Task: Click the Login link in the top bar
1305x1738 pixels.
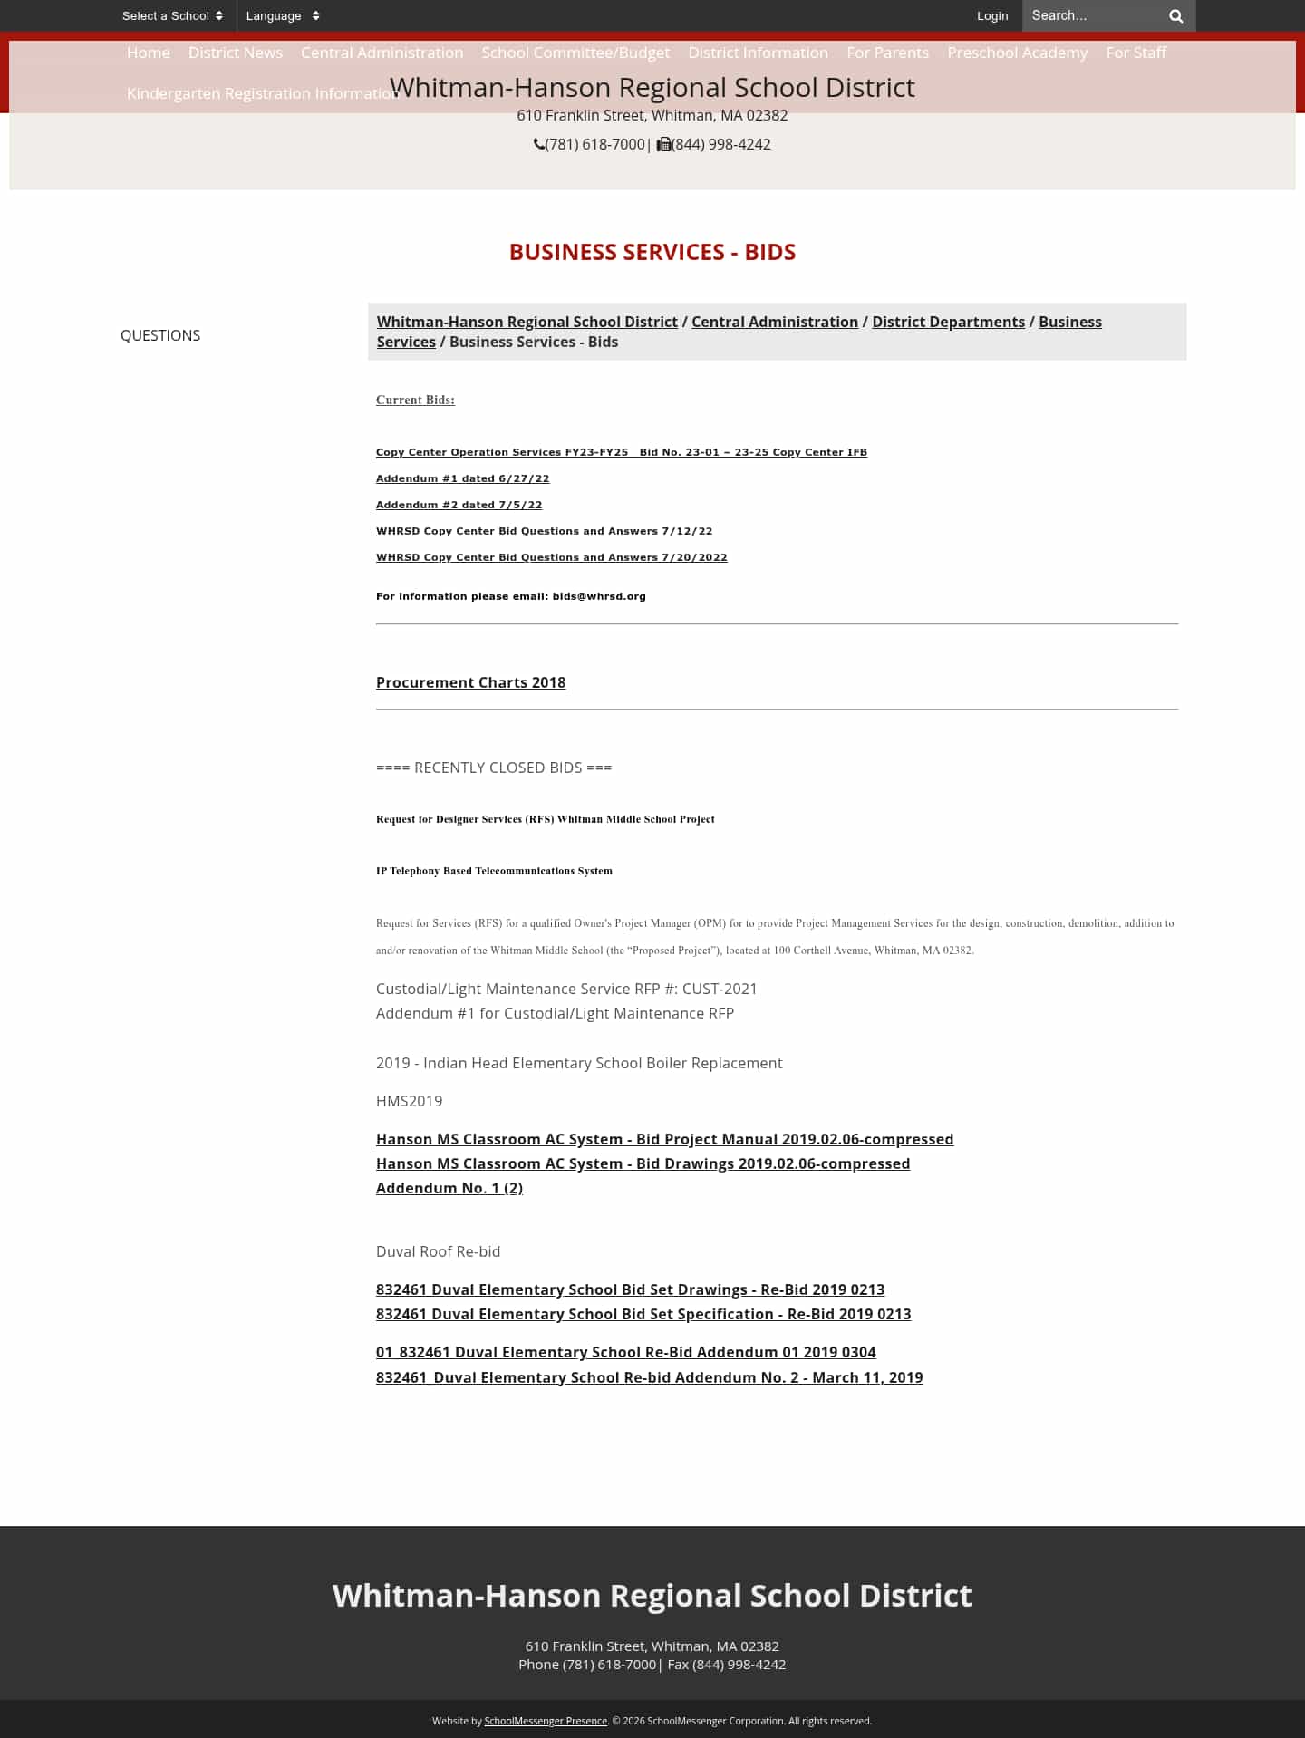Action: click(x=991, y=15)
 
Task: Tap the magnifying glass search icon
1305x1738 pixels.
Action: click(x=1175, y=15)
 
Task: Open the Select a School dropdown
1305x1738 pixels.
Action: click(x=172, y=15)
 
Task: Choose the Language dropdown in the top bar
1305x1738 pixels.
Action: click(x=282, y=15)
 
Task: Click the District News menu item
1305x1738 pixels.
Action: click(x=236, y=53)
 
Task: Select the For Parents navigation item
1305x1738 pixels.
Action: click(x=887, y=53)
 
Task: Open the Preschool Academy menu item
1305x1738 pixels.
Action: click(x=1017, y=53)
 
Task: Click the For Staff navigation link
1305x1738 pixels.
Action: click(x=1136, y=53)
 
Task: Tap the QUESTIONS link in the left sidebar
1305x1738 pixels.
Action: click(x=160, y=335)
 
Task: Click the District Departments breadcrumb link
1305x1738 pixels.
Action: click(x=948, y=322)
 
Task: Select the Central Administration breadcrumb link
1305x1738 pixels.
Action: click(x=774, y=322)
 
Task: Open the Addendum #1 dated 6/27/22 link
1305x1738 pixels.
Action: click(x=462, y=478)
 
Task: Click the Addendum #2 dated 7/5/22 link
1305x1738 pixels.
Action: click(x=459, y=505)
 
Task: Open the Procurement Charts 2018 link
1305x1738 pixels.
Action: click(x=470, y=682)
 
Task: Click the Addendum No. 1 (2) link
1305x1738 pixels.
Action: click(x=449, y=1188)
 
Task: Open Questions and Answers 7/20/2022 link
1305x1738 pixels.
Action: click(x=551, y=557)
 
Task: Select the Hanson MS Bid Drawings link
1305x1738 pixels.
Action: click(x=643, y=1163)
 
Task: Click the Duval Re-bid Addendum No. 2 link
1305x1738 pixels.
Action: click(x=649, y=1377)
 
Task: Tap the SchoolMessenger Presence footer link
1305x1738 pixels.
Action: click(x=546, y=1721)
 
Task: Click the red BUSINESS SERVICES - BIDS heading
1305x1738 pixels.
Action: click(x=652, y=252)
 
